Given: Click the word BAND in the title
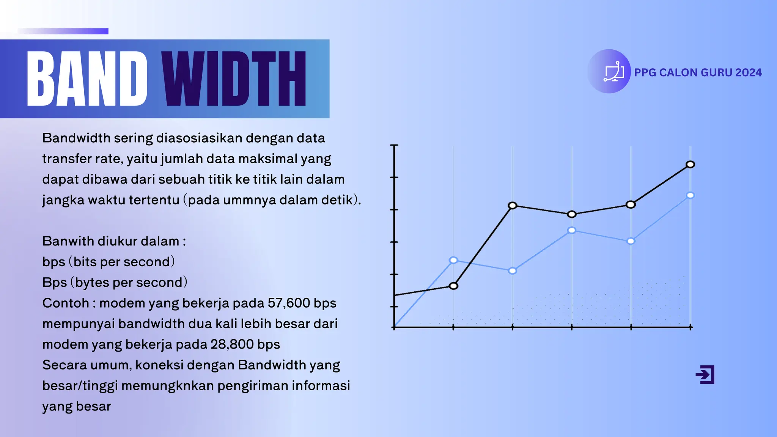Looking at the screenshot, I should (x=87, y=79).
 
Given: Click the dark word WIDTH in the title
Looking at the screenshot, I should (x=234, y=79).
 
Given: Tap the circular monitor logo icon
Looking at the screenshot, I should (x=609, y=71).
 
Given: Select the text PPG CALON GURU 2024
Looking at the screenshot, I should (x=698, y=72).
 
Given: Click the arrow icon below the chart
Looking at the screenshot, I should (x=705, y=375).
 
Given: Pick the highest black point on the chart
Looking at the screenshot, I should (x=690, y=164).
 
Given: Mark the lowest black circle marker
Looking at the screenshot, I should (x=453, y=286).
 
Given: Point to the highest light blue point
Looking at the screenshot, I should (x=690, y=195).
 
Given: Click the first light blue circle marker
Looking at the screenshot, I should (x=453, y=260).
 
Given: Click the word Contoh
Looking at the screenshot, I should (x=66, y=303).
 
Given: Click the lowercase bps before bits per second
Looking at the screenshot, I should (x=53, y=262).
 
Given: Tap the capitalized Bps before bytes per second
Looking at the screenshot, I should (x=54, y=283).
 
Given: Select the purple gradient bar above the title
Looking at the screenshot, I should (x=63, y=31).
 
